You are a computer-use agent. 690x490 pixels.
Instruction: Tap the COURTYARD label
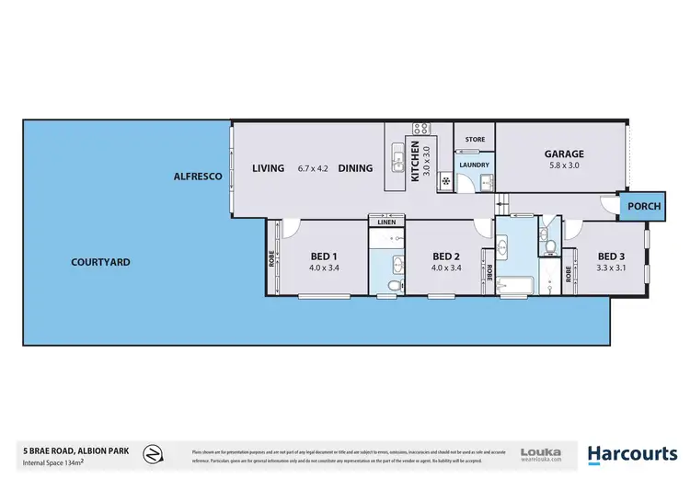100,262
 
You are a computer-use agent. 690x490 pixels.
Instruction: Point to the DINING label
355,168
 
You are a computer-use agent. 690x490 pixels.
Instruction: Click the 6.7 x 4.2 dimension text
313,168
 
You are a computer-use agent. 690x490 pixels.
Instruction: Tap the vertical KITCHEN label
415,160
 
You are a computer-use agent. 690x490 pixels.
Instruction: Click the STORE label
475,140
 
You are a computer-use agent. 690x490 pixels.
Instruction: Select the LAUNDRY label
475,165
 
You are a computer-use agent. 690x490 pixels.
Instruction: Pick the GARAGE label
564,154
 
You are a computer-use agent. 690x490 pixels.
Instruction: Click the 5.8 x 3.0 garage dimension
564,167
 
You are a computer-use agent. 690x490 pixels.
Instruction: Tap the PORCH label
644,207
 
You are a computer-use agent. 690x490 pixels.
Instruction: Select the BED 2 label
444,256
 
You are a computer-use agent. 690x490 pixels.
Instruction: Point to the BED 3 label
611,256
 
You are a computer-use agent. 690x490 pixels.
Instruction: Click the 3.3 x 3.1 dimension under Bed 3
611,268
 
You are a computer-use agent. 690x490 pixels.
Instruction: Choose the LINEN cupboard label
386,222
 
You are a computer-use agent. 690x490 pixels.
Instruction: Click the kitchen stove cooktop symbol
421,129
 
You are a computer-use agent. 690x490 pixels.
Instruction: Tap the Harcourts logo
633,454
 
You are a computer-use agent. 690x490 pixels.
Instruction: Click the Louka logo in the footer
541,454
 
